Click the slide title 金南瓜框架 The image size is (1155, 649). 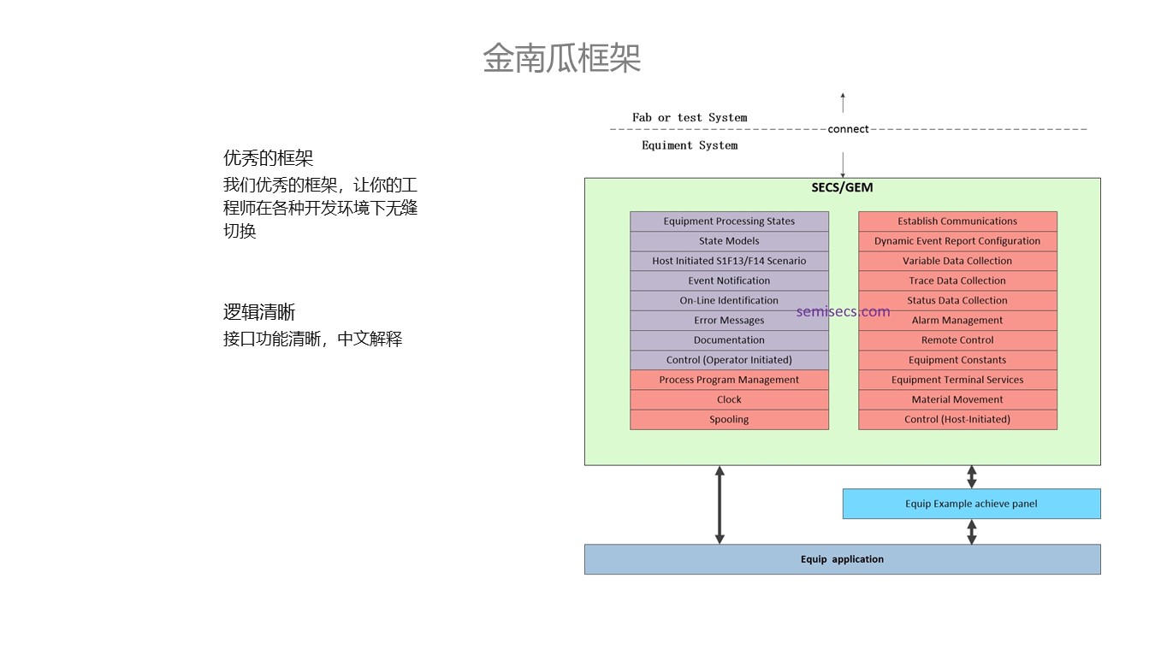561,58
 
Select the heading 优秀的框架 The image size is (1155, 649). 268,158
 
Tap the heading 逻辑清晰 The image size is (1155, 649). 259,312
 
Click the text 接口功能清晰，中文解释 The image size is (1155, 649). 312,339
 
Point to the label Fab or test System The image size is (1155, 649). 690,118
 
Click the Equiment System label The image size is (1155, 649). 690,145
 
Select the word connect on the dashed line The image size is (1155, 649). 848,129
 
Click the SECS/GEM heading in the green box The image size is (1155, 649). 842,187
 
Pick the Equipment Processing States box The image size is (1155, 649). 729,221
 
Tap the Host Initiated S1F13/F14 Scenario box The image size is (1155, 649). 729,261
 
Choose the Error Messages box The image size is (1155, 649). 729,321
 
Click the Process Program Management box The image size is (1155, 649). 729,380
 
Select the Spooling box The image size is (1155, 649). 729,420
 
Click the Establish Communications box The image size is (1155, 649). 957,221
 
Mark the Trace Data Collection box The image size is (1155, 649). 957,280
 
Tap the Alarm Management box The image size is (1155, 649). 957,321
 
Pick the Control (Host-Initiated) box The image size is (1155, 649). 957,420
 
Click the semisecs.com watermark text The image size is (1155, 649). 843,311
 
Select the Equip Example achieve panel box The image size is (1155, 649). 971,504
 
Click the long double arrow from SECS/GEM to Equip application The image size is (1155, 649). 720,504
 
